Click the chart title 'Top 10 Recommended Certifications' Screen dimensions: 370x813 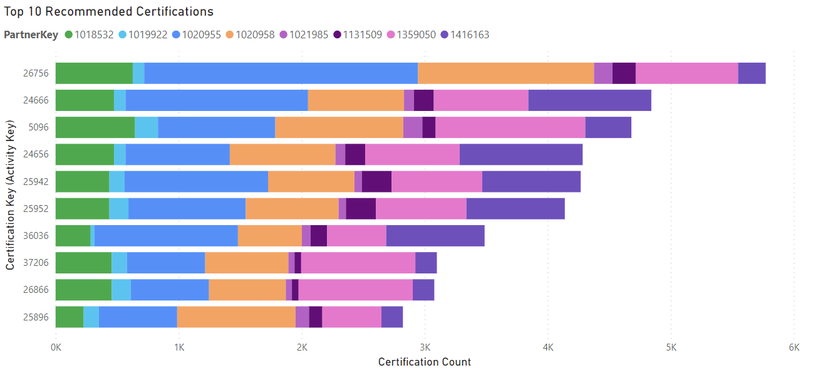pyautogui.click(x=108, y=11)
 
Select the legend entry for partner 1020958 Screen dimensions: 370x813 pyautogui.click(x=254, y=34)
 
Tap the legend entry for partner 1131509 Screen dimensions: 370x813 pyautogui.click(x=358, y=34)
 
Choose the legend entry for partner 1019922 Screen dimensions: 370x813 pyautogui.click(x=147, y=34)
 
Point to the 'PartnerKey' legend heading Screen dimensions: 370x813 pyautogui.click(x=31, y=34)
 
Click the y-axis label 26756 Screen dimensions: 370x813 pyautogui.click(x=36, y=73)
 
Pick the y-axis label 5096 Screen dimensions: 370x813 pyautogui.click(x=38, y=127)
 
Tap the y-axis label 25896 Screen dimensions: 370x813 pyautogui.click(x=36, y=317)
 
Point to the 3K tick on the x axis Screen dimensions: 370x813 pyautogui.click(x=425, y=347)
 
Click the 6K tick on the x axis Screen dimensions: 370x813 pyautogui.click(x=794, y=347)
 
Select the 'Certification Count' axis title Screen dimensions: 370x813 pyautogui.click(x=425, y=362)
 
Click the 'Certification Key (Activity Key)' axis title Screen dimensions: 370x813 pyautogui.click(x=10, y=194)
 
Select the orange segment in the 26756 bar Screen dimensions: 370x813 pyautogui.click(x=505, y=73)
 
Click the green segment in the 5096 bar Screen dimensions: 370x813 pyautogui.click(x=95, y=127)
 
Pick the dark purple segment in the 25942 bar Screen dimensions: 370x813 pyautogui.click(x=376, y=181)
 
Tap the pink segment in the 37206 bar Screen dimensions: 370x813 pyautogui.click(x=358, y=263)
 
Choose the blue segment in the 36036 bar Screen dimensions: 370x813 pyautogui.click(x=166, y=236)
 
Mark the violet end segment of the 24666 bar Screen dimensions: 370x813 pyautogui.click(x=589, y=100)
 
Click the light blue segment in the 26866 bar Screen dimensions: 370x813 pyautogui.click(x=121, y=290)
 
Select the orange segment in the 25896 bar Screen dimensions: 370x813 pyautogui.click(x=236, y=317)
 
